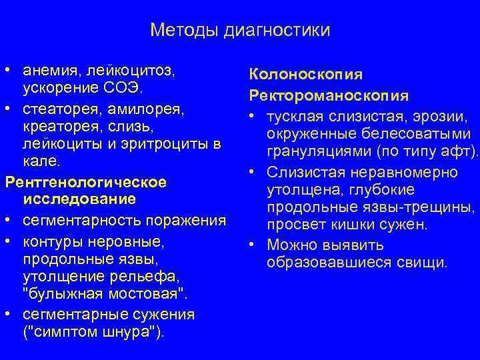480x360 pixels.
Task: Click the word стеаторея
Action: click(55, 107)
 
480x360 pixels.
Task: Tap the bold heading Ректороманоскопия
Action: click(329, 96)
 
